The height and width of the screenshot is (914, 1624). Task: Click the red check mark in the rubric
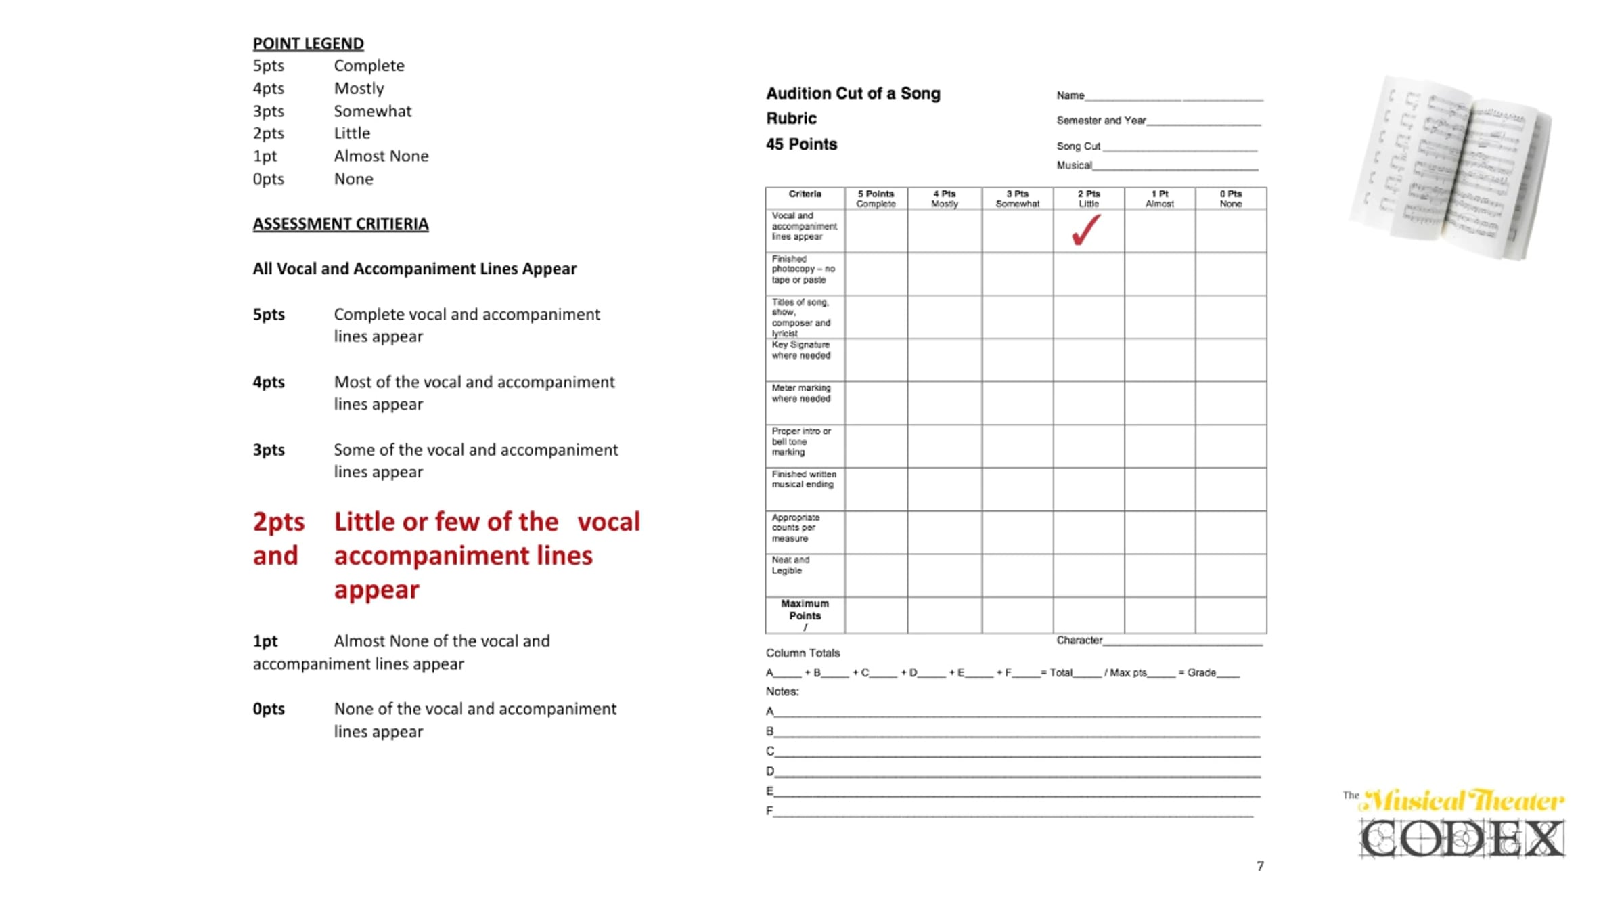(1086, 230)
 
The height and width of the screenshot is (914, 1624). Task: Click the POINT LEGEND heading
(308, 43)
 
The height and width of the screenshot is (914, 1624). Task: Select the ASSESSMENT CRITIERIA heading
(340, 224)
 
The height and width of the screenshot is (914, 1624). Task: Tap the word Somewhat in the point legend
(372, 111)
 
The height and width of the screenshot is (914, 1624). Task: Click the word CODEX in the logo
(1462, 840)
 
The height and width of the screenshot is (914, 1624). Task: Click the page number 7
(1260, 866)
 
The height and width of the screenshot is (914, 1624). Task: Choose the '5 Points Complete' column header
(876, 198)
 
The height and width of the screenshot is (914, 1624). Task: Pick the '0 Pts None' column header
(1230, 198)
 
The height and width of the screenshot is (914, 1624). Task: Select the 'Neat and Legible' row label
(790, 565)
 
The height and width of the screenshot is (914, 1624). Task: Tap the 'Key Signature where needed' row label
(801, 350)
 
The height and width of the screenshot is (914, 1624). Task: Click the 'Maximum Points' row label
(805, 609)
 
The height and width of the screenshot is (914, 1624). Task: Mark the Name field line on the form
(1173, 99)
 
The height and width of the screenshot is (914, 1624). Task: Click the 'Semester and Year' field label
(1101, 121)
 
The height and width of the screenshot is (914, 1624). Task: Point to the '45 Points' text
(801, 144)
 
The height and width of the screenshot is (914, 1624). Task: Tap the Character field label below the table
(1079, 640)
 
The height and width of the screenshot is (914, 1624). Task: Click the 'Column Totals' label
(803, 653)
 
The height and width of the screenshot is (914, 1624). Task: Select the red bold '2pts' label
(278, 522)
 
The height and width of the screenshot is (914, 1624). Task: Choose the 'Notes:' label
(782, 691)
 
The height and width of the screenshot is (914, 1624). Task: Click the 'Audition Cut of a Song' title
(853, 93)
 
